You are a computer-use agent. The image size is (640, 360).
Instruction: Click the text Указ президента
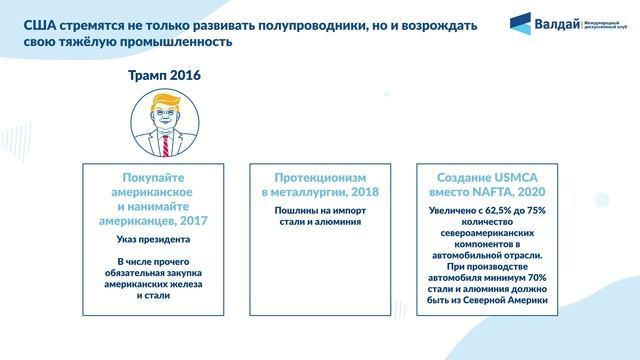pyautogui.click(x=164, y=241)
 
